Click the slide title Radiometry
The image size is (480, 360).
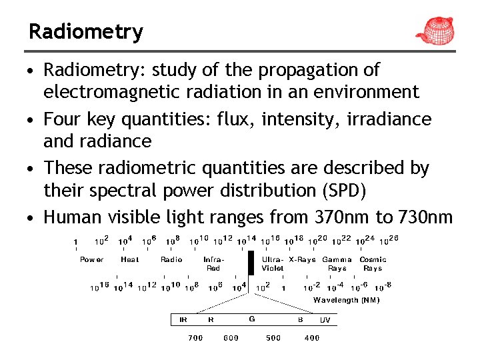click(85, 31)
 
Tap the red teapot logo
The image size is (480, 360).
click(437, 29)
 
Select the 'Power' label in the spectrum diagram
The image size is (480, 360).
click(91, 259)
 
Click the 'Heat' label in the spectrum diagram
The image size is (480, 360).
click(130, 259)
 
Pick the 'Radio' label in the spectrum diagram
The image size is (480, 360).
click(171, 259)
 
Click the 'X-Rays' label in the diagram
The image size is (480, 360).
click(302, 259)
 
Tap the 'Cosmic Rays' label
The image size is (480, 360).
click(373, 263)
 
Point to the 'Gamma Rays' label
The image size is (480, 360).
click(337, 263)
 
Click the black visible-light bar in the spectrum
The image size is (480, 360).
click(251, 263)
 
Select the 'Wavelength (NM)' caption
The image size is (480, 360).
click(346, 300)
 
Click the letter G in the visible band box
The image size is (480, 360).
click(252, 319)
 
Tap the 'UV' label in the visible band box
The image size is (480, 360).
click(325, 320)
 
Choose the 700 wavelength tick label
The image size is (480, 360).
click(195, 338)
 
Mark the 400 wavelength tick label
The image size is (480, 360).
click(312, 338)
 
